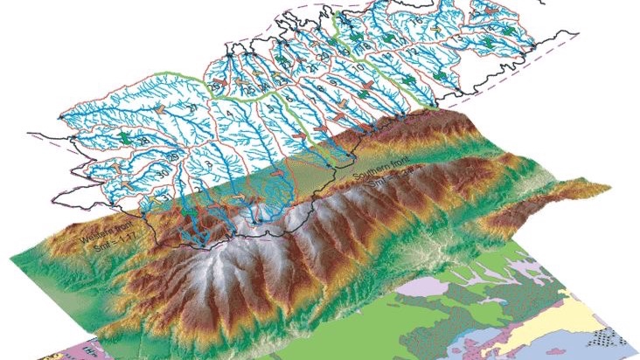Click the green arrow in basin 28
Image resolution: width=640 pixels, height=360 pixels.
[129, 138]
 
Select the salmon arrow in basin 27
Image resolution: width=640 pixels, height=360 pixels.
[162, 107]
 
